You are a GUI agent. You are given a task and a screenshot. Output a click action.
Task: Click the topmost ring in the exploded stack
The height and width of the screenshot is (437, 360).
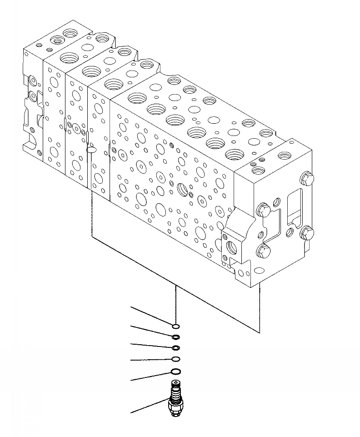tap(175, 326)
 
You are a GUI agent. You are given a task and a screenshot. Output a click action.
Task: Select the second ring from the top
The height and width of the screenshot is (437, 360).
tap(175, 337)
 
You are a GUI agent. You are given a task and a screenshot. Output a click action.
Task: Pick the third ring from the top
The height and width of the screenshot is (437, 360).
tap(175, 348)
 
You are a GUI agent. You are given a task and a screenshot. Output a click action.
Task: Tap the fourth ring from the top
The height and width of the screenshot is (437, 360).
tap(175, 359)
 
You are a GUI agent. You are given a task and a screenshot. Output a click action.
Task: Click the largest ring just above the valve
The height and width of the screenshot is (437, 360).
tap(175, 372)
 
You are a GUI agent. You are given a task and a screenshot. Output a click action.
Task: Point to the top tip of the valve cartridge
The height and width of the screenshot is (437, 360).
tap(175, 383)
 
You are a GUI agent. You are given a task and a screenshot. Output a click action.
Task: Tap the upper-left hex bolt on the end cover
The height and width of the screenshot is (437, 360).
tap(263, 210)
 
